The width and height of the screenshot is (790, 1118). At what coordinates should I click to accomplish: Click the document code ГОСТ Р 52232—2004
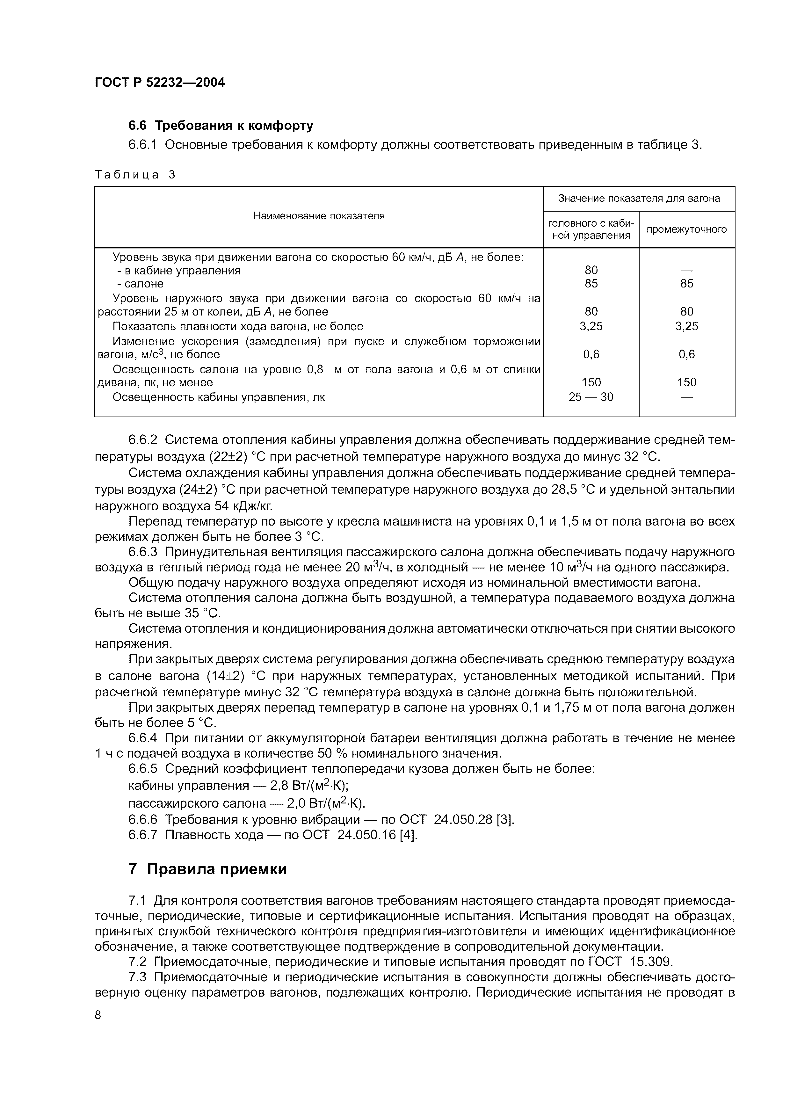pyautogui.click(x=160, y=82)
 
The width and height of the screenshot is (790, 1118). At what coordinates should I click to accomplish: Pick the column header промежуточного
pyautogui.click(x=686, y=229)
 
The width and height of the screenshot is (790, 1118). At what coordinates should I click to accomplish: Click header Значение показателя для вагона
pyautogui.click(x=639, y=198)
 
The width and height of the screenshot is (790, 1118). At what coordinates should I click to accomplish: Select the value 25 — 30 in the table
pyautogui.click(x=591, y=397)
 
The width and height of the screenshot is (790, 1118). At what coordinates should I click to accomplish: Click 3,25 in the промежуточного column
pyautogui.click(x=686, y=326)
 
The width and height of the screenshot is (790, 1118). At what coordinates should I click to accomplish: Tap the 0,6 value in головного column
pyautogui.click(x=591, y=354)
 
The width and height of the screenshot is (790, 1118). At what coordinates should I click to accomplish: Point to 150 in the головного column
pyautogui.click(x=591, y=382)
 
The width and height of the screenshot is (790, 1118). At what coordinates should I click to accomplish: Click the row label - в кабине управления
pyautogui.click(x=179, y=270)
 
